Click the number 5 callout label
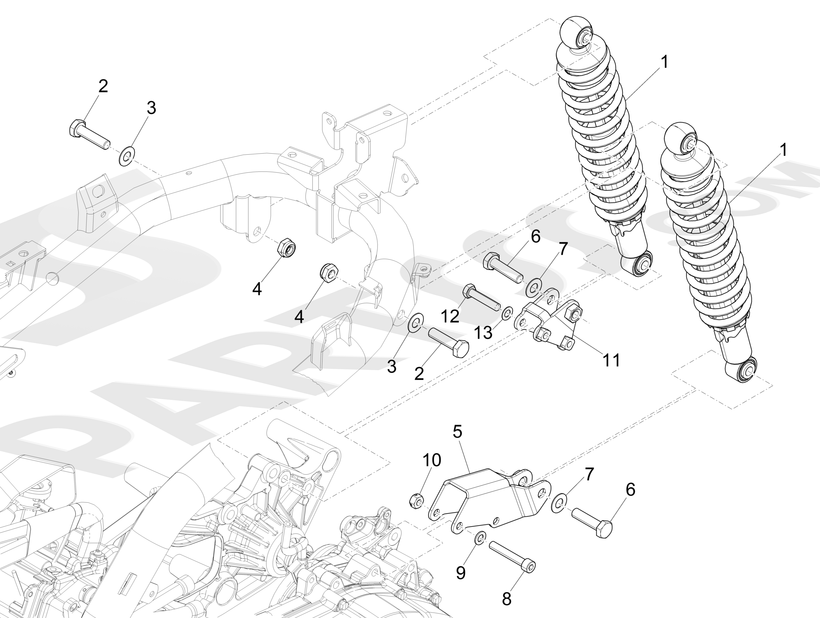[457, 432]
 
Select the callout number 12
[450, 316]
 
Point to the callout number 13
[483, 333]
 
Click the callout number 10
[432, 460]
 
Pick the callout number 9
[461, 573]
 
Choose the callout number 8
[506, 599]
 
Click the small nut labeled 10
[417, 502]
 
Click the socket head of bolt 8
[529, 566]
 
